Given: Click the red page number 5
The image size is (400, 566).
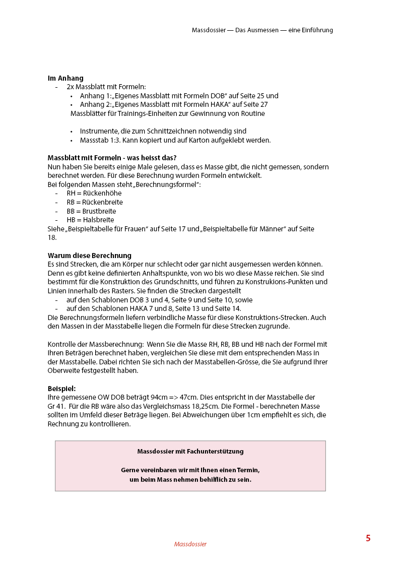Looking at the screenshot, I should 368,538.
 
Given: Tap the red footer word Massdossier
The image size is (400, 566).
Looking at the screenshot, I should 190,544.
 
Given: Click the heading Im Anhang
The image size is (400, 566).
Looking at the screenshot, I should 65,78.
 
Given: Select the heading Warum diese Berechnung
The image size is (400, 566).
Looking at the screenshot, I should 89,256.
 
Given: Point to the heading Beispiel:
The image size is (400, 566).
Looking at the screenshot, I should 62,389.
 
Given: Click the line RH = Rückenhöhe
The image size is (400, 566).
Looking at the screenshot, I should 94,193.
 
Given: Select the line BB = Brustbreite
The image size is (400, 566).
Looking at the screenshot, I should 91,211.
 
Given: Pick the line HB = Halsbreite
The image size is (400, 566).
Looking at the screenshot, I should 90,220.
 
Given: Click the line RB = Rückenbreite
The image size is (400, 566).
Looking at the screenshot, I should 95,202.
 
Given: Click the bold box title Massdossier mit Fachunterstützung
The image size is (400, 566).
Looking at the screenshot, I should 190,452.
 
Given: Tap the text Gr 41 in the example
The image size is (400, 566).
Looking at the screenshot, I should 56,406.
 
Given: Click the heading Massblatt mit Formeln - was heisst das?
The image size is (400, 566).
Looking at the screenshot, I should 112,158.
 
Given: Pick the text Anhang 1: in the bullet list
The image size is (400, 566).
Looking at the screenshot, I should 96,96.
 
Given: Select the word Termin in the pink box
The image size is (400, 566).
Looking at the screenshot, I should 247,470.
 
